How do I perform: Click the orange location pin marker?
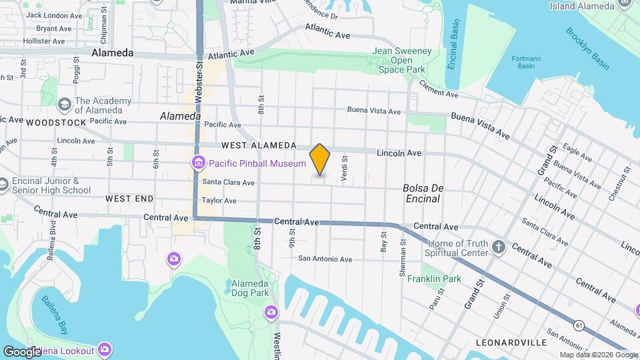(320, 159)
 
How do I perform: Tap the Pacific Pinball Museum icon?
(198, 163)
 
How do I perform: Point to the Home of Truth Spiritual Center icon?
(498, 248)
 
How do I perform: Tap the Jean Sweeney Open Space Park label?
(401, 60)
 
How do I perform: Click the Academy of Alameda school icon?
(65, 105)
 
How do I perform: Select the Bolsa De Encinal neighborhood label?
(421, 193)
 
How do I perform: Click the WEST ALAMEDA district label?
(259, 145)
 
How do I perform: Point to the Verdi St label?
(345, 169)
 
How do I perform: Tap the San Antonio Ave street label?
(325, 259)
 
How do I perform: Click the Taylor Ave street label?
(219, 200)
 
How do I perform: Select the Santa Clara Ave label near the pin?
(229, 182)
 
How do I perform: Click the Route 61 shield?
(577, 324)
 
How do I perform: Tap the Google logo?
(21, 351)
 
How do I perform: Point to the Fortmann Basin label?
(526, 62)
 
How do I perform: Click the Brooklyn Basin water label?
(587, 48)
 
